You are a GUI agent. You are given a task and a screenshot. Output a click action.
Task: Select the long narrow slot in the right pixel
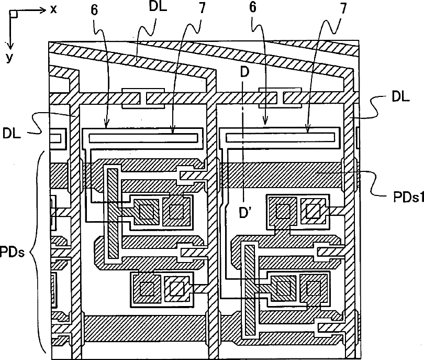click(280, 138)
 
